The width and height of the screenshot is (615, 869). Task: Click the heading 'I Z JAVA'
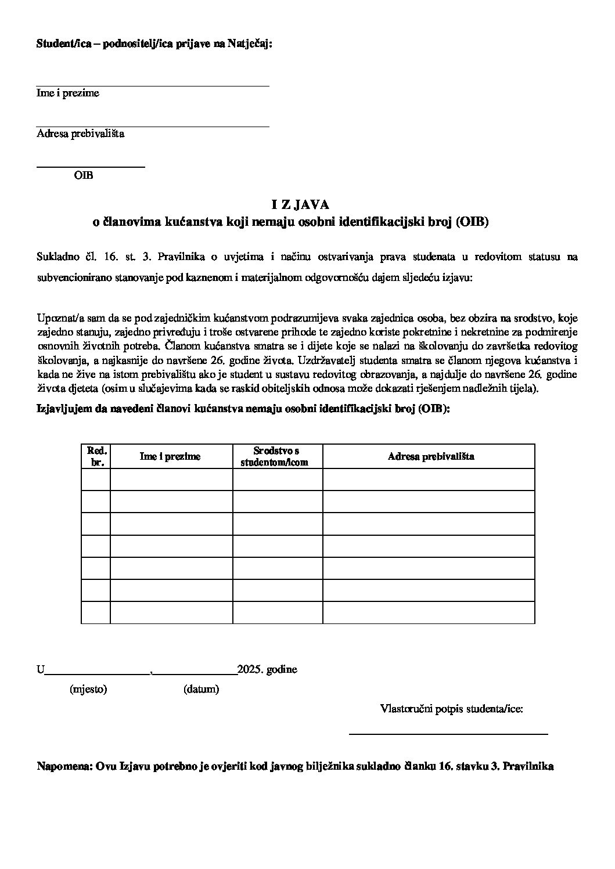coord(300,204)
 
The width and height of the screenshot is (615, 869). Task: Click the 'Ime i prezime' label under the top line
coord(68,93)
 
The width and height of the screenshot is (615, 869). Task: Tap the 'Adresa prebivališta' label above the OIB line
coord(80,134)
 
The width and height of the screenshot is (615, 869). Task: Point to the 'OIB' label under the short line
coord(84,175)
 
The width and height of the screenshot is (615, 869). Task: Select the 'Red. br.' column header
coord(96,456)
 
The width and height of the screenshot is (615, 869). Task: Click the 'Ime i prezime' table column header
coord(170,456)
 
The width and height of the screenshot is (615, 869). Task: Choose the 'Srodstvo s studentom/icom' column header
coord(276,456)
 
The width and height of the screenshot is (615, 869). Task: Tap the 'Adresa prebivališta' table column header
coord(430,456)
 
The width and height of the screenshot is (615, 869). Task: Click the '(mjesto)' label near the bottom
coord(88,690)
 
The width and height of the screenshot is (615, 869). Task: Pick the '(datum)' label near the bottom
coord(201,690)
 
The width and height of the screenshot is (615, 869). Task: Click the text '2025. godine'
coord(267,669)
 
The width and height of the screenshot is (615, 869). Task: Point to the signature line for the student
coord(448,734)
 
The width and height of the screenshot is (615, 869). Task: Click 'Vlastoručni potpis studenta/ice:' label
coord(452,709)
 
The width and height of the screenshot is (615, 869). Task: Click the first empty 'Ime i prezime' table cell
coord(171,479)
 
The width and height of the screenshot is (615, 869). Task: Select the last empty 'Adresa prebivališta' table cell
coord(429,612)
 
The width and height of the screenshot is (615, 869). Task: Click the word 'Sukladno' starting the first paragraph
coord(56,257)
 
